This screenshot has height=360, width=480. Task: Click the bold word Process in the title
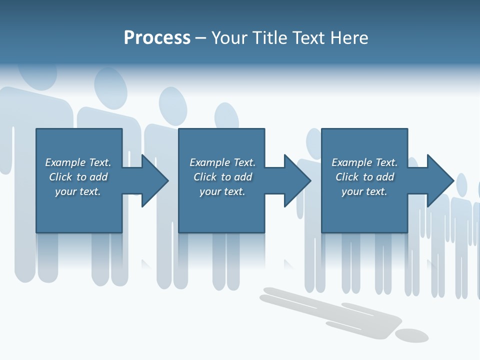157,38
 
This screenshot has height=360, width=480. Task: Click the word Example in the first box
65,162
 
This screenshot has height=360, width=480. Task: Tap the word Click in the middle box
205,177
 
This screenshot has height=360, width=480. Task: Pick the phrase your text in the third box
364,191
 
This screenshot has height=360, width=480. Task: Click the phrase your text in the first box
77,191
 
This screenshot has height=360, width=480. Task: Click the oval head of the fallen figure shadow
411,335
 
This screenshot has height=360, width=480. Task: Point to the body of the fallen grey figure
330,310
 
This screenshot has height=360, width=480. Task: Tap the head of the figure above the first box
109,87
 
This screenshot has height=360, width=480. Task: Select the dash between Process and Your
200,38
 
